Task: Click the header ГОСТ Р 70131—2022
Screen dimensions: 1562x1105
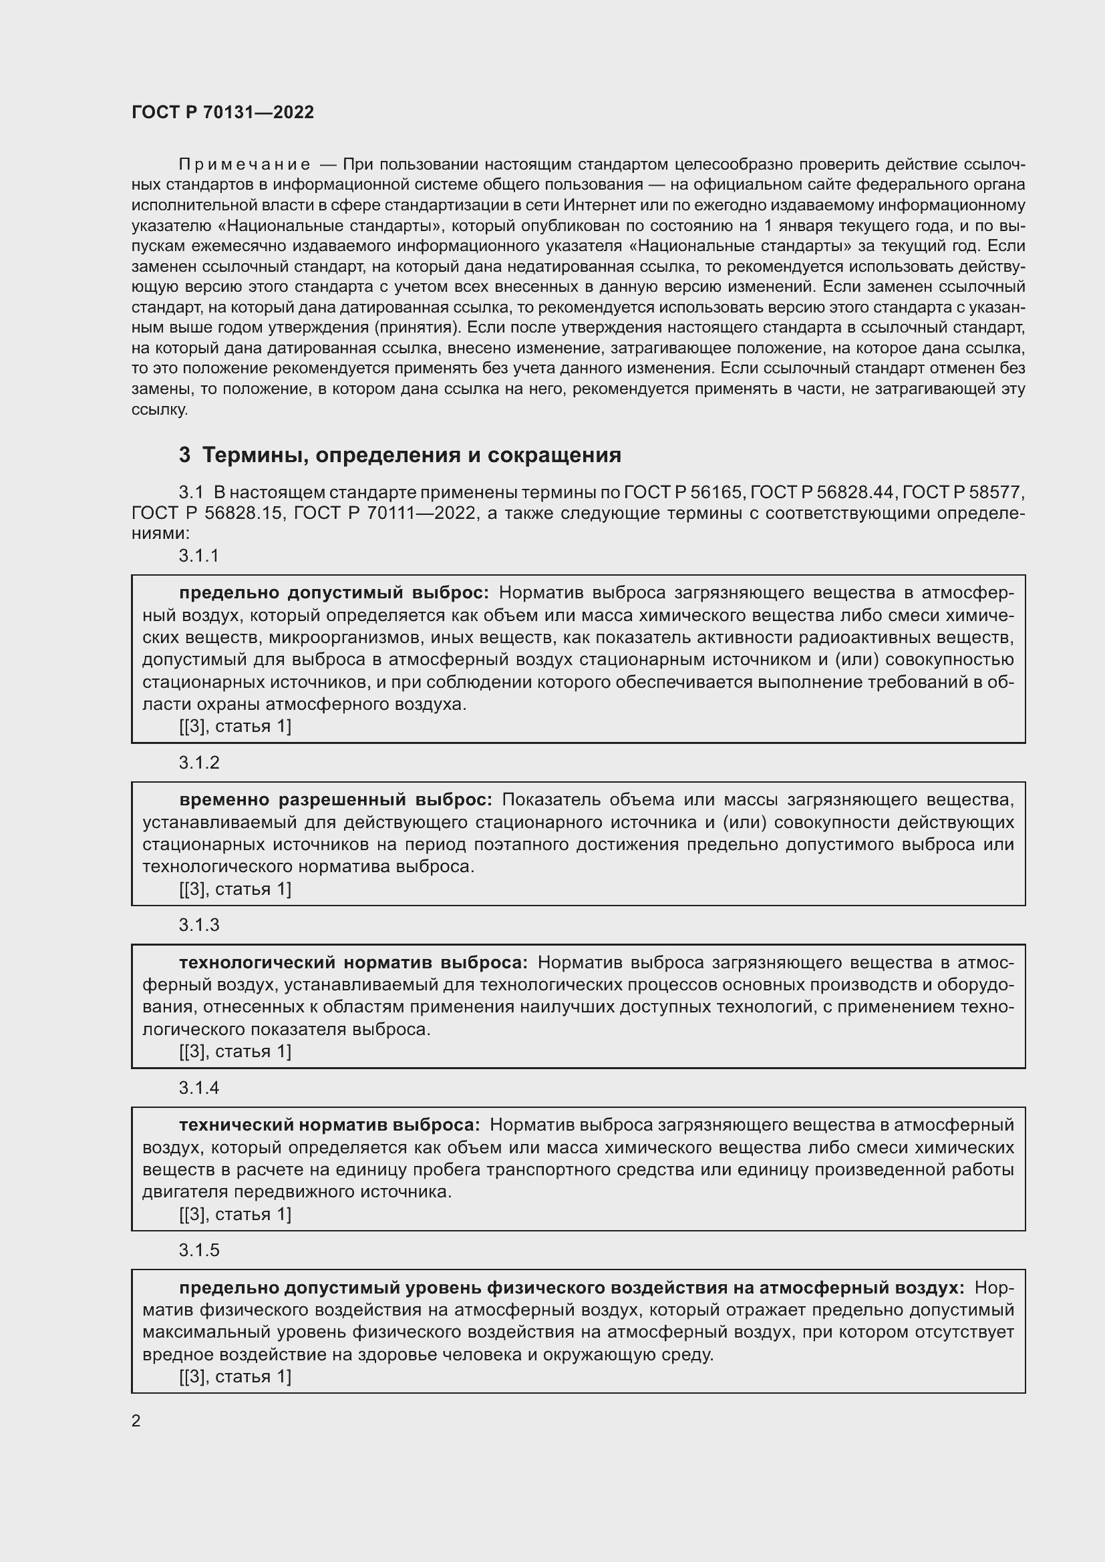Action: pos(222,112)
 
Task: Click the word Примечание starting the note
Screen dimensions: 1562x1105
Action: pos(245,165)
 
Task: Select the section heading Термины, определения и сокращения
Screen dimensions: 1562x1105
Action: pos(400,455)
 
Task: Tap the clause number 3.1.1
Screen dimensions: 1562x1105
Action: pos(198,556)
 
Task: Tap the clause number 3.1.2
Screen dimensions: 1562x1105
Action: pos(198,763)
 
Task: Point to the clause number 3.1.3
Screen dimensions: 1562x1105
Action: pos(198,925)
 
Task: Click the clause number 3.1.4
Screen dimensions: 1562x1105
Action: pos(198,1088)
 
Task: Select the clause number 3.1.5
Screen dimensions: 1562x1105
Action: pos(198,1250)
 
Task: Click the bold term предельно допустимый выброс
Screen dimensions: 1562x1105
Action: pos(333,592)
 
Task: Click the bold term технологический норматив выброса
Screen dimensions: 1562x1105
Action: pos(353,963)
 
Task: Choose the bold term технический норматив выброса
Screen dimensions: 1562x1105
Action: pos(329,1125)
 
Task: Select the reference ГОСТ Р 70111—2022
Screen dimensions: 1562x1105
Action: pos(383,513)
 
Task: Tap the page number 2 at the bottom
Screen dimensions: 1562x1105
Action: pos(136,1421)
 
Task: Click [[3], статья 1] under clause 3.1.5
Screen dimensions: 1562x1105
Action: pos(234,1377)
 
